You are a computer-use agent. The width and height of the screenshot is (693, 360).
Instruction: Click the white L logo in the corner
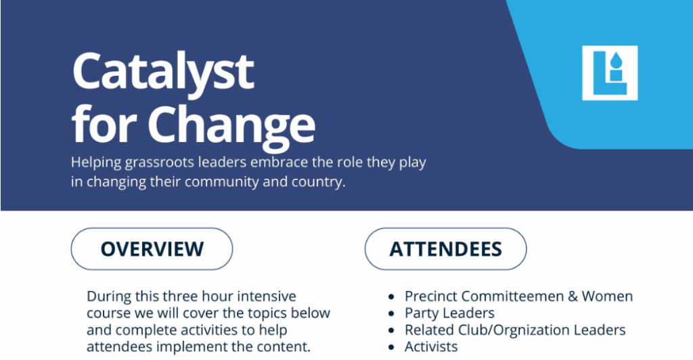(610, 73)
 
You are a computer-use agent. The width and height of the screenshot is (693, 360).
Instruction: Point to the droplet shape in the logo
(616, 60)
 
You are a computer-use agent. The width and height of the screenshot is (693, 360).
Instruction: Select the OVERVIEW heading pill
(152, 249)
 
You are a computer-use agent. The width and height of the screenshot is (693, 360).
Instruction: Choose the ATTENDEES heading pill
(445, 249)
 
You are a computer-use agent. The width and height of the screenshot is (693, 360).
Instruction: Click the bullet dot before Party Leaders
(390, 313)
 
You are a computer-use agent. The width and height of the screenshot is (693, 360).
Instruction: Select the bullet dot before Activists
(390, 348)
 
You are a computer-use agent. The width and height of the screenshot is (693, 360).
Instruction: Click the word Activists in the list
(431, 347)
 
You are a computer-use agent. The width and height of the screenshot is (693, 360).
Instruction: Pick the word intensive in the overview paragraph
(267, 296)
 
